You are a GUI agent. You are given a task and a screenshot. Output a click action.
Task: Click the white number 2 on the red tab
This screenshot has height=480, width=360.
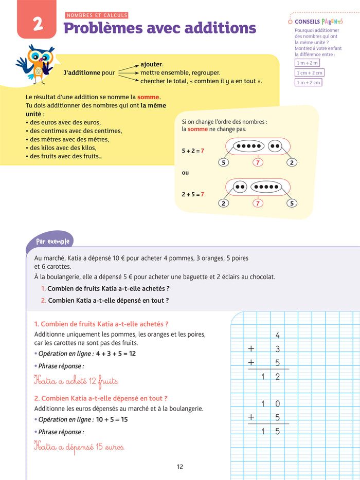[x=37, y=24]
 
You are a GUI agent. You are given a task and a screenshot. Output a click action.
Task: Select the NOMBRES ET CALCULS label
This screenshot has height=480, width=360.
[x=96, y=15]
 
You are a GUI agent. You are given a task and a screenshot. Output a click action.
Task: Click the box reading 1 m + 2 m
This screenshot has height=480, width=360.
[x=307, y=63]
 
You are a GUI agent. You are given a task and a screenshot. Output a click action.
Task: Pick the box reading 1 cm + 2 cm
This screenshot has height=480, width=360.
[x=309, y=72]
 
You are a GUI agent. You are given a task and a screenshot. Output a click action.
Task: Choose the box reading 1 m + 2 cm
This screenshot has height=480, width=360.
[x=308, y=82]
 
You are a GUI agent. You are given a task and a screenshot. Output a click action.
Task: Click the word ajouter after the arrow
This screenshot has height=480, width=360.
[x=151, y=64]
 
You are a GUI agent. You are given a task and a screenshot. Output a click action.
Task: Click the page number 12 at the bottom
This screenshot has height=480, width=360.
[x=179, y=467]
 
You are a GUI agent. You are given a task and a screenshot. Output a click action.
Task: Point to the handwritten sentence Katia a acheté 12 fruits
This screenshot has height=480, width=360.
[x=76, y=381]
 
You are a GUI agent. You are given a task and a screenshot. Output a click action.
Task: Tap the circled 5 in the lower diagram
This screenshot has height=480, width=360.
[x=292, y=203]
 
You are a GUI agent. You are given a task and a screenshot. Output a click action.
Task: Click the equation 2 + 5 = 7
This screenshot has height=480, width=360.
[x=193, y=194]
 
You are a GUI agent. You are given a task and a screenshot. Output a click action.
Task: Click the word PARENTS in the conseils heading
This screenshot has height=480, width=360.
[x=334, y=22]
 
